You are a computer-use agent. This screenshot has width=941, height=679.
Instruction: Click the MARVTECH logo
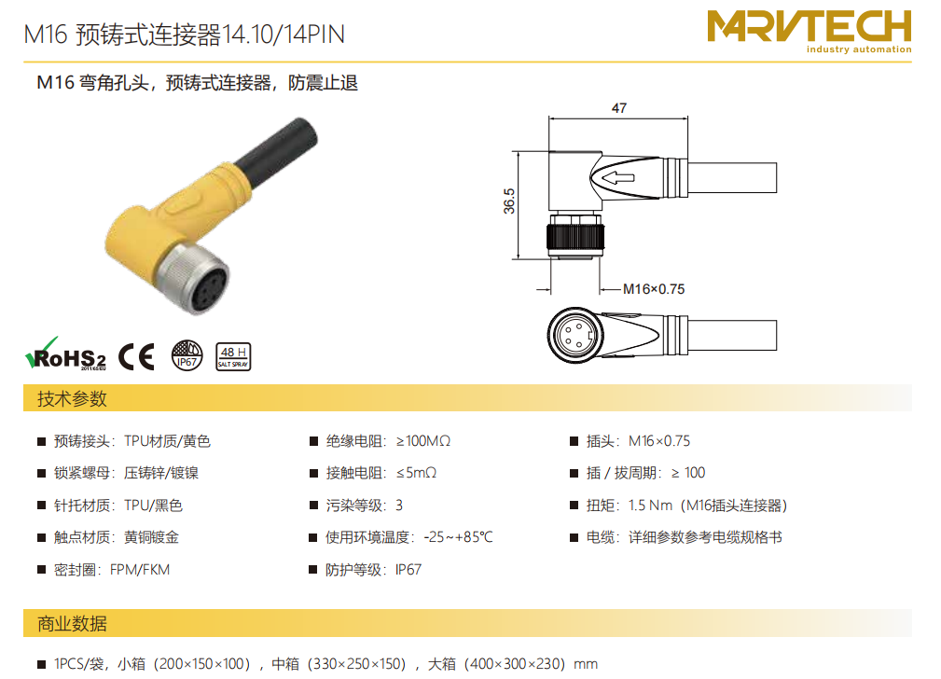point(809,31)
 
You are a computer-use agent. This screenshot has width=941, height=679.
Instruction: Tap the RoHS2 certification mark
point(65,354)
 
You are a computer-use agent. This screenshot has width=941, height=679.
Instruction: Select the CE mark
point(136,356)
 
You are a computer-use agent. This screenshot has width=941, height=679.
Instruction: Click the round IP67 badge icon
point(187,354)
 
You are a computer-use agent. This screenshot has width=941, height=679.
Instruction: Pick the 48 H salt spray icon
point(233,356)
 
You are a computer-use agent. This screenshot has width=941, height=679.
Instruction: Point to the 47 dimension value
point(618,108)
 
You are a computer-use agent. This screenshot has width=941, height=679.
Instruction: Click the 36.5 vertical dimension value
point(509,201)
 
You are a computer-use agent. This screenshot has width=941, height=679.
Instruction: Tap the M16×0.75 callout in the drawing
point(654,289)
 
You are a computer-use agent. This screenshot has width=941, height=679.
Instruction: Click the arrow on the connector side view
point(617,177)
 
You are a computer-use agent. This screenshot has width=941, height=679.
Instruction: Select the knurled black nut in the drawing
point(574,237)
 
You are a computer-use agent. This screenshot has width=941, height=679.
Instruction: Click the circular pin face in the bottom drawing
point(574,335)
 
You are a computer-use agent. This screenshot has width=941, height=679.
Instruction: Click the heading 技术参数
point(72,398)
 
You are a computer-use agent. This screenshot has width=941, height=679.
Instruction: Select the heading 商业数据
point(72,624)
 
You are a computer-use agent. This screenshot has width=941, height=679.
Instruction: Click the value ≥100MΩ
point(423,441)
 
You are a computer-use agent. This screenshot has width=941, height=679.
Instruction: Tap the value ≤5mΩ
point(416,473)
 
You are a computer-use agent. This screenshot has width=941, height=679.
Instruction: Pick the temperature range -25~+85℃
point(458,537)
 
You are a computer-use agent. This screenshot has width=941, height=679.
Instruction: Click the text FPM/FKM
point(140,570)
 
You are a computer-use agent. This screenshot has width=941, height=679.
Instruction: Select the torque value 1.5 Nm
point(651,506)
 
